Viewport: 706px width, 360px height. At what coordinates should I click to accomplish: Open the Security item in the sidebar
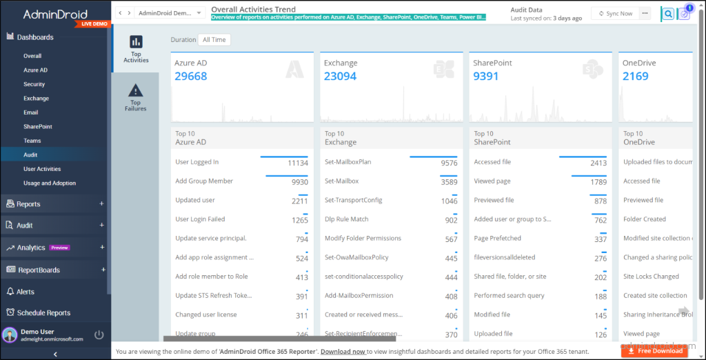[34, 84]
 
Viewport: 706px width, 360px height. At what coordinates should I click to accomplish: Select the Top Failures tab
[136, 97]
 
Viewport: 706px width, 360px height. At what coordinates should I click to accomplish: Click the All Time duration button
[214, 40]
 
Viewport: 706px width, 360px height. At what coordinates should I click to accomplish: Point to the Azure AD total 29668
[191, 76]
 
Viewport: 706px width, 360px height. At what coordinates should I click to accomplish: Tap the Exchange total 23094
[340, 76]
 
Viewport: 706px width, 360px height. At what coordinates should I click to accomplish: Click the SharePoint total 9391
[486, 76]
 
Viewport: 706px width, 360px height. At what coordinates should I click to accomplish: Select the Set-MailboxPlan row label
[348, 162]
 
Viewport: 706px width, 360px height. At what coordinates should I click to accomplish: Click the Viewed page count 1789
[598, 182]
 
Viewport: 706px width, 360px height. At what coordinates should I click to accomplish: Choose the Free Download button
[654, 350]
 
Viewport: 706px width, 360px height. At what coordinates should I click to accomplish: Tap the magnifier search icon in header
[667, 14]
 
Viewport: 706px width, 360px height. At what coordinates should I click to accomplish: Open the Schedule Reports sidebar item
[43, 312]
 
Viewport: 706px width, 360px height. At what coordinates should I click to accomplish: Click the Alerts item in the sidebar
[26, 292]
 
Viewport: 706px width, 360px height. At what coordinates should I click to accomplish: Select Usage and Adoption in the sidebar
[50, 183]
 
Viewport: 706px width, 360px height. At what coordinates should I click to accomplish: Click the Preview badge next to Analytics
[59, 248]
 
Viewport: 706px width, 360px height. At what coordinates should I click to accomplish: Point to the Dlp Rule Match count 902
[451, 220]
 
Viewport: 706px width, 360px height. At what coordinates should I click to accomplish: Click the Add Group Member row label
[204, 181]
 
